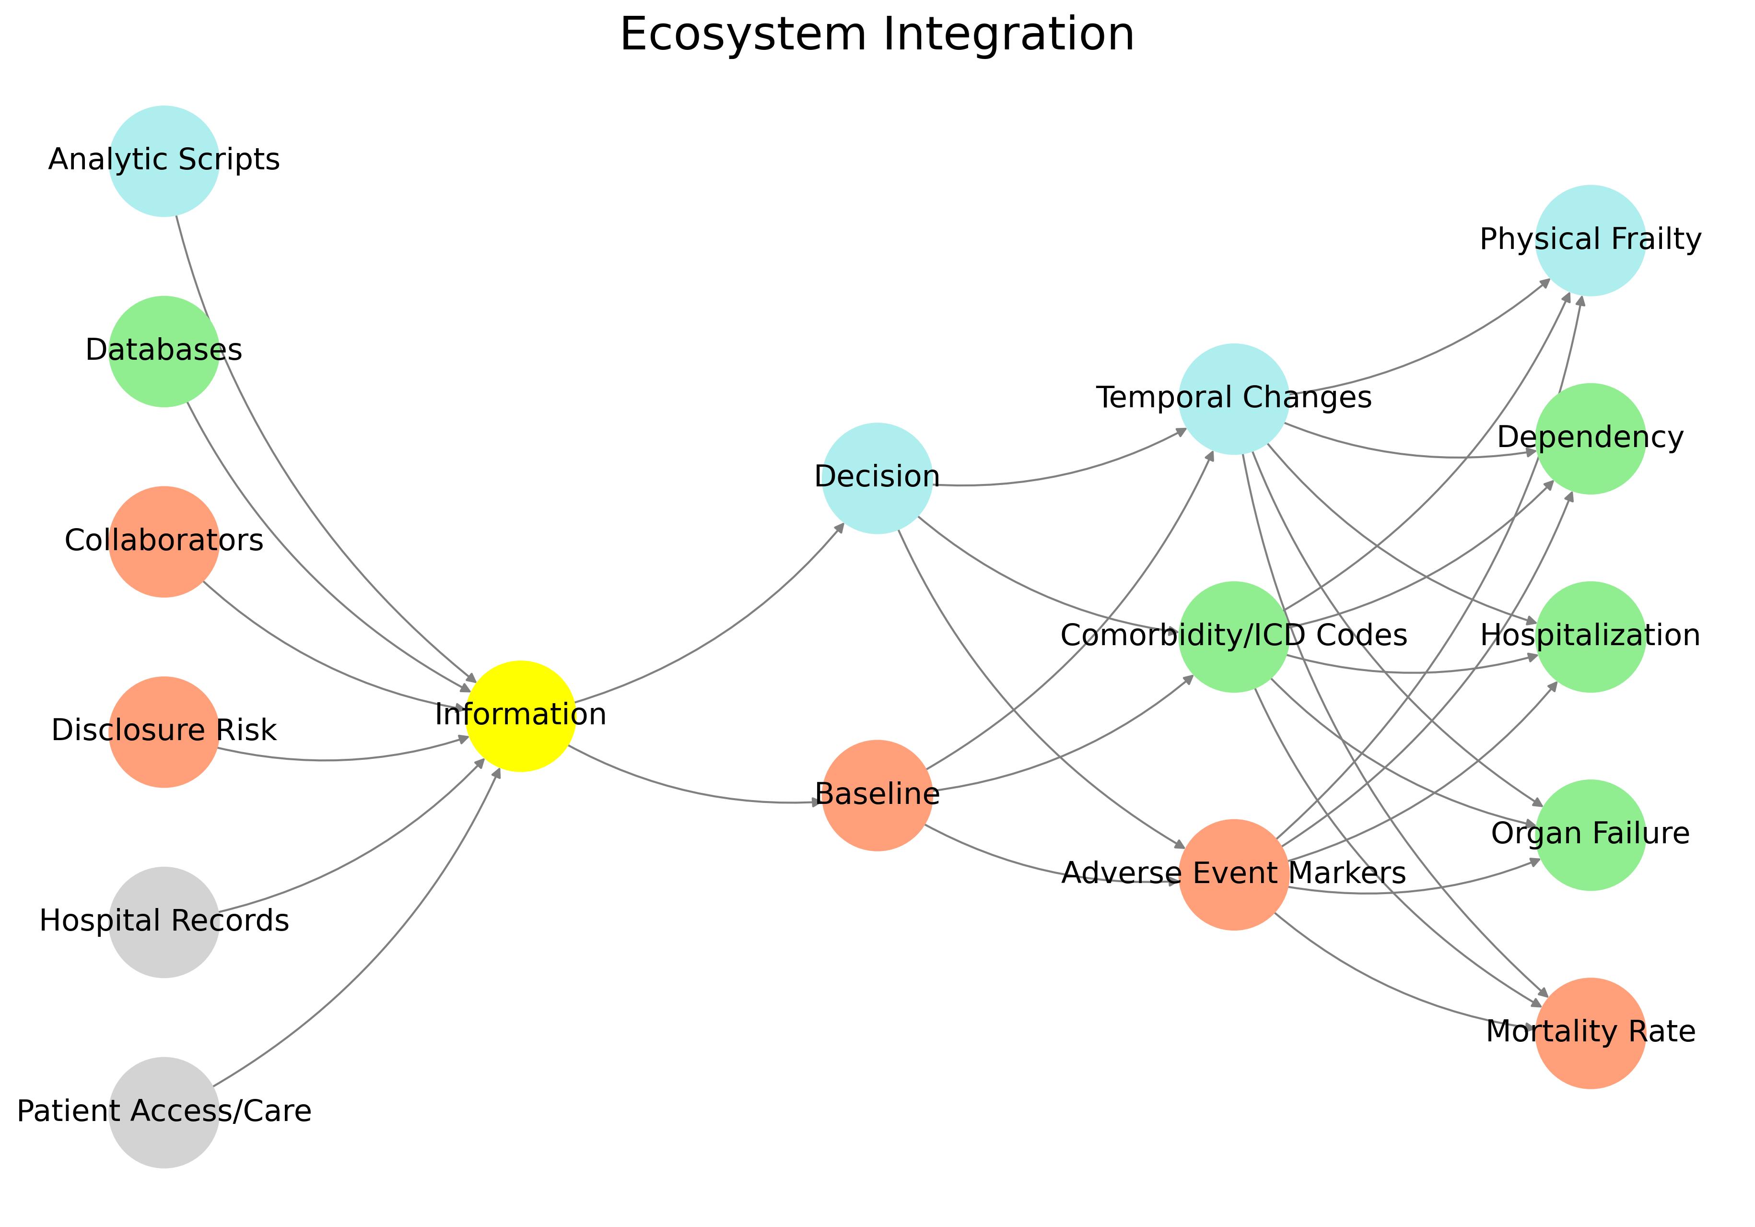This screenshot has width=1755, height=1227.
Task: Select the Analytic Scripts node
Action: click(164, 161)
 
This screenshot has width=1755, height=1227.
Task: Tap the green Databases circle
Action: click(164, 352)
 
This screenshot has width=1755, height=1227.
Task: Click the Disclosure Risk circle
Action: click(164, 731)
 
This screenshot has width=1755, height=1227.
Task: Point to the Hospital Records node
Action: click(164, 922)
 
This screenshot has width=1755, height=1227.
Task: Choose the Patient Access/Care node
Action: click(164, 1112)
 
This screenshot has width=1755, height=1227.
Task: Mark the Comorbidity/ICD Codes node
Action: click(1234, 637)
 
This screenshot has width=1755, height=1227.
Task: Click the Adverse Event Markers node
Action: click(1234, 874)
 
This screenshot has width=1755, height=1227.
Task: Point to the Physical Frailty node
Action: click(1590, 240)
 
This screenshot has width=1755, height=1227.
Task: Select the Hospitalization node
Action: click(1590, 637)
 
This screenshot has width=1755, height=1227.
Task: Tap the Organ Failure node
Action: click(1590, 835)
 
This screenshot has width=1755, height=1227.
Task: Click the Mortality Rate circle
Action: click(1590, 1033)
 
